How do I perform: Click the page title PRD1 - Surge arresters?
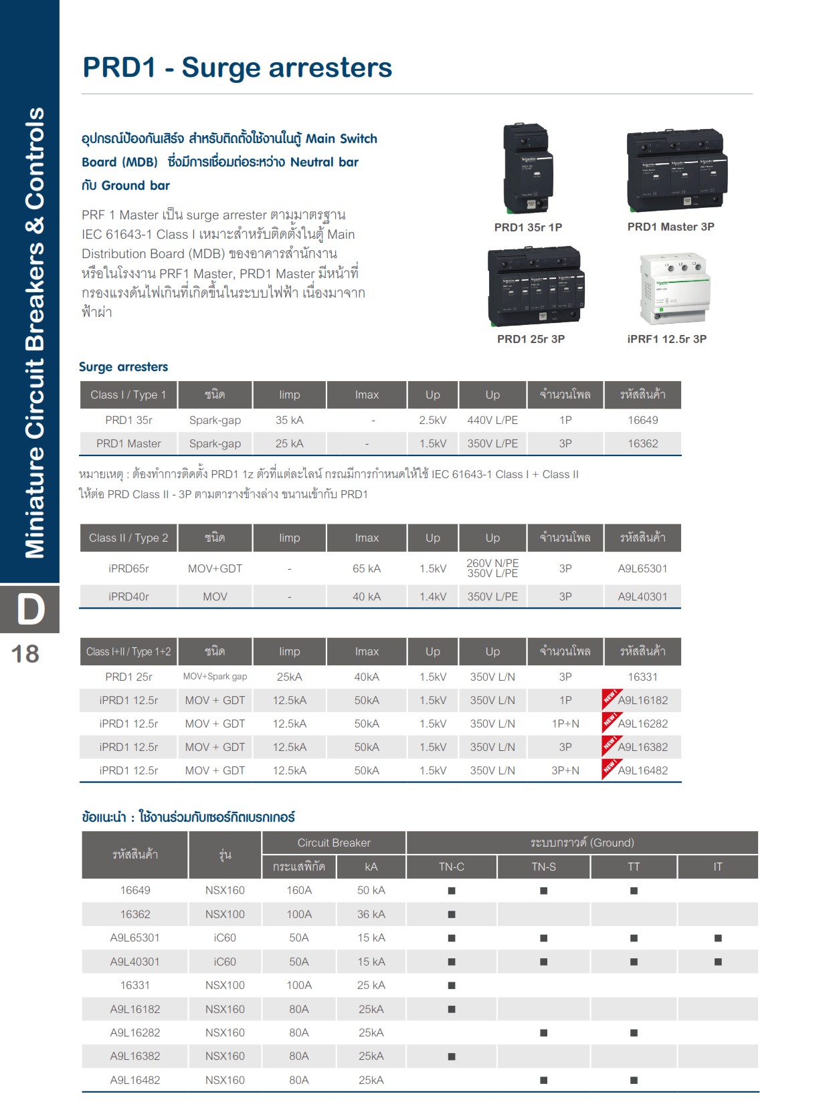click(237, 68)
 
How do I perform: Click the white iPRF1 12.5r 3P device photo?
click(674, 288)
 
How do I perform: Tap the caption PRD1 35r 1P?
click(528, 227)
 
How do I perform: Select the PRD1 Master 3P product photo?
click(676, 171)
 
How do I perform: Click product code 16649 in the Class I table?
click(642, 420)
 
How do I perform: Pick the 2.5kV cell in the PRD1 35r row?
click(432, 420)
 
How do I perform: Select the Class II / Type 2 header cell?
click(128, 538)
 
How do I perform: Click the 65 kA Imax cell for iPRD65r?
click(366, 568)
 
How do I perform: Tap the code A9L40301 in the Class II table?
click(642, 596)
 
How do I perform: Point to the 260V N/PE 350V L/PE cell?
click(492, 568)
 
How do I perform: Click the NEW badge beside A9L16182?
click(610, 697)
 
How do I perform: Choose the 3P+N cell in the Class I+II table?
click(565, 770)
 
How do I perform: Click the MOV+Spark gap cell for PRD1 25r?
click(215, 677)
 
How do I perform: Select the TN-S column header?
click(543, 867)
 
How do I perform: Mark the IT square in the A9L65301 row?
click(718, 938)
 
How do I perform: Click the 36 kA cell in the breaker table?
click(371, 914)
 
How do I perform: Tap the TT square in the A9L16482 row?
click(634, 1080)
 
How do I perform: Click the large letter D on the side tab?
click(30, 609)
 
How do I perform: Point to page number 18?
click(25, 654)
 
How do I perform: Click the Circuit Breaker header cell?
click(333, 843)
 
